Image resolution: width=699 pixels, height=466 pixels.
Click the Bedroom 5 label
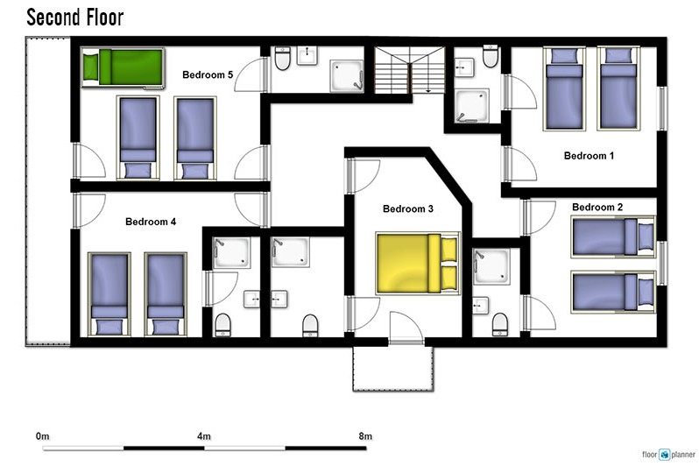pos(208,74)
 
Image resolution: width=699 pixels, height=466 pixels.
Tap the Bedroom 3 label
pos(408,208)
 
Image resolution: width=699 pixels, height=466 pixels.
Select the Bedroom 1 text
pos(589,156)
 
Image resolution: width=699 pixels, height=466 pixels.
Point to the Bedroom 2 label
pos(597,207)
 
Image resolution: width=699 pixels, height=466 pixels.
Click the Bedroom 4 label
pos(151,222)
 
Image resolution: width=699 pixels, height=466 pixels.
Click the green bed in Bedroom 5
pos(123,67)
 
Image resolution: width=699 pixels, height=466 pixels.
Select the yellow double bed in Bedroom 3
pos(418,263)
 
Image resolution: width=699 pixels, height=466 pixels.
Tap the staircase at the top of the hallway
pos(409,70)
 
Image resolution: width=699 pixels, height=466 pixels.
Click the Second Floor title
pos(75,18)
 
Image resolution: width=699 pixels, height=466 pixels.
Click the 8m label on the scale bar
pos(365,436)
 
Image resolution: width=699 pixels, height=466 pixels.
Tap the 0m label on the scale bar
pos(43,436)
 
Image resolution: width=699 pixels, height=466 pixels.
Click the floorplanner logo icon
pos(665,455)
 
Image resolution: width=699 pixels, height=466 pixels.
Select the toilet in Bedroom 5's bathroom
pos(282,59)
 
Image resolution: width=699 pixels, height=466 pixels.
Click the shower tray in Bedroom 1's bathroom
pos(472,106)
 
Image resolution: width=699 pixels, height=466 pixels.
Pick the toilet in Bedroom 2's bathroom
pos(500,324)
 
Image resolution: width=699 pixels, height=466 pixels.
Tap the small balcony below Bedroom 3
pos(393,369)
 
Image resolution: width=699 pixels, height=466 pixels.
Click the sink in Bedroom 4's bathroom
pos(252,300)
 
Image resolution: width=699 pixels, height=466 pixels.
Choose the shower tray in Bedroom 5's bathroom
pos(347,76)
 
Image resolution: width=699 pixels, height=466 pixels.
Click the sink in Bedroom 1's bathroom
pos(464,67)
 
